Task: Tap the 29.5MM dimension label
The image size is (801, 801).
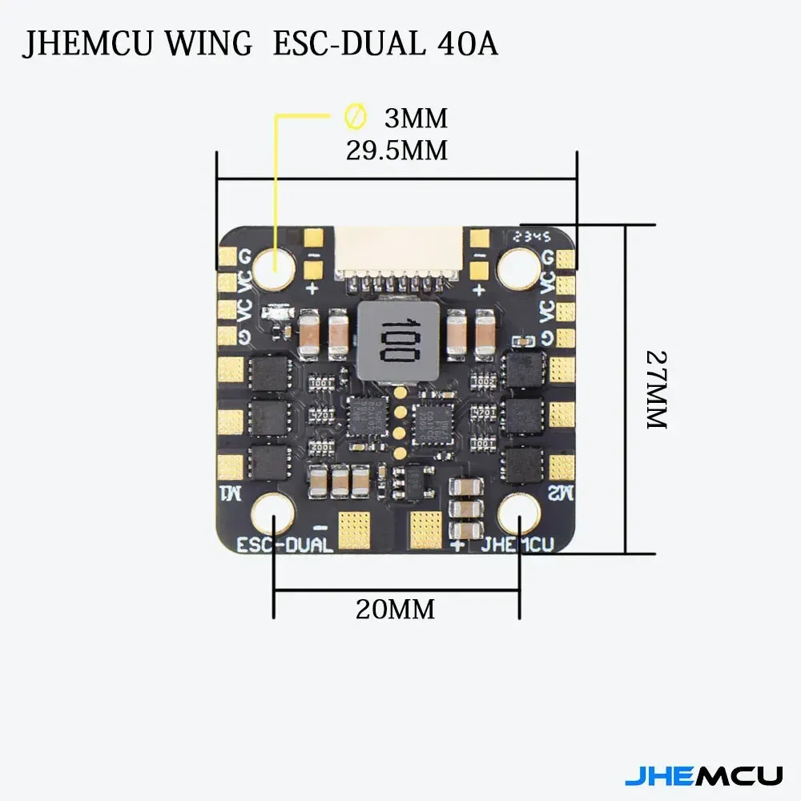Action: tap(396, 150)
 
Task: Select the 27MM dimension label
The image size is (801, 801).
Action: tap(657, 390)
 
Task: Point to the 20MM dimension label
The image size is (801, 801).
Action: tap(396, 610)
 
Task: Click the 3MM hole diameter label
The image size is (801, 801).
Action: tap(416, 119)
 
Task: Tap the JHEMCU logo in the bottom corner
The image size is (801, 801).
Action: tap(703, 775)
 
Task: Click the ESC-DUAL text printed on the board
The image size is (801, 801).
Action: tap(285, 546)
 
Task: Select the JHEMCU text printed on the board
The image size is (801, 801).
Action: tap(517, 546)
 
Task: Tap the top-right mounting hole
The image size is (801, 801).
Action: tap(520, 267)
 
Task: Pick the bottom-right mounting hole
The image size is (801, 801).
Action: tap(521, 513)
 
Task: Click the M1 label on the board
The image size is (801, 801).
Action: tap(229, 490)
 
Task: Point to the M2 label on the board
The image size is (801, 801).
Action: tap(561, 491)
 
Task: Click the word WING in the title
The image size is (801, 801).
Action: tap(208, 45)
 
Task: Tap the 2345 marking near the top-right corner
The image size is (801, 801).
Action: tap(532, 236)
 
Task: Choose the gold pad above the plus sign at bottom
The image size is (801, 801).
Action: tap(425, 525)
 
